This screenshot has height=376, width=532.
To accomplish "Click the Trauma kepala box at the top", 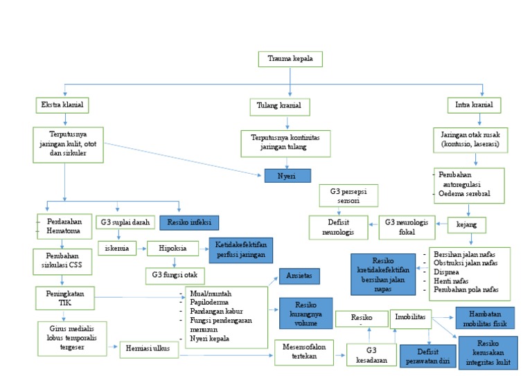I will (x=290, y=59).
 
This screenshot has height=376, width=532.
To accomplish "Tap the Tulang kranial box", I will (x=279, y=107).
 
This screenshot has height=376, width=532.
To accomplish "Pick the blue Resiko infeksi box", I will (x=189, y=222).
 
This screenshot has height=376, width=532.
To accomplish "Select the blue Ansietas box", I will (x=298, y=276).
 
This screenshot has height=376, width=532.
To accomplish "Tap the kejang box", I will (x=465, y=225).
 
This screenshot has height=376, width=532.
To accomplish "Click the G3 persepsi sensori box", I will (x=349, y=195).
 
